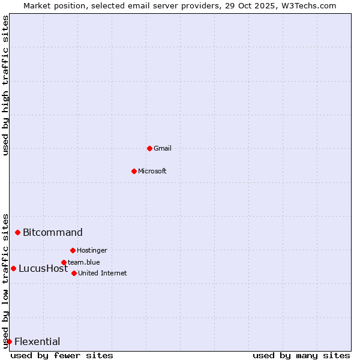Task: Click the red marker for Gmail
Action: (149, 148)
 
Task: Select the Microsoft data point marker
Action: (134, 171)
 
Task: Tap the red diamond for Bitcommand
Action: (17, 232)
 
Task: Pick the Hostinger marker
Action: (73, 250)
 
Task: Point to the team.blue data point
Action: (64, 262)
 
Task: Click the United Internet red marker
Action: (74, 273)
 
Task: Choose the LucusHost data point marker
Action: (13, 268)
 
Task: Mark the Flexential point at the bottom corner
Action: (9, 341)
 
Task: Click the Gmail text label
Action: (163, 148)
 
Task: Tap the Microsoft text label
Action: (152, 171)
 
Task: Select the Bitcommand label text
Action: (53, 232)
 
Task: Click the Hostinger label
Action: (92, 250)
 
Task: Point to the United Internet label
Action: (103, 273)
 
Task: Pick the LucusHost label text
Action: (43, 268)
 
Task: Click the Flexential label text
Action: (37, 341)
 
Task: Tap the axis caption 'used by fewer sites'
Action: (62, 355)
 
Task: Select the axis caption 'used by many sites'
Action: (301, 355)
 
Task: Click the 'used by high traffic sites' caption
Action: (6, 85)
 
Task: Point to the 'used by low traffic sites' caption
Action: (6, 280)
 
